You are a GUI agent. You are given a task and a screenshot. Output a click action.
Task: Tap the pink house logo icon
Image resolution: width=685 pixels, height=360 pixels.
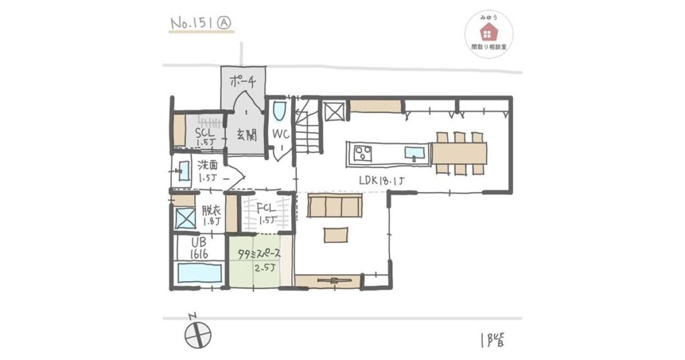click(x=488, y=30)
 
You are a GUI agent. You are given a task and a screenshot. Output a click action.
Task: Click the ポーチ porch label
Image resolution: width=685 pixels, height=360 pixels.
click(x=243, y=83)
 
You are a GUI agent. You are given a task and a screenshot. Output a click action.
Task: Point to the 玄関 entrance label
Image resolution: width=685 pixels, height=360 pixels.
click(x=246, y=134)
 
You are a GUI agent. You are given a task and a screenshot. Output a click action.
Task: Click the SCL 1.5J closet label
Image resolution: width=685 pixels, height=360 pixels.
click(x=204, y=137)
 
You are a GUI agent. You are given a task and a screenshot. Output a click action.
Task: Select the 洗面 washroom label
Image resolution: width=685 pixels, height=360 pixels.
click(x=208, y=171)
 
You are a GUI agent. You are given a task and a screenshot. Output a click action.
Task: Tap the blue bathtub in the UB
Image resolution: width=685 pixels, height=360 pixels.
click(x=199, y=272)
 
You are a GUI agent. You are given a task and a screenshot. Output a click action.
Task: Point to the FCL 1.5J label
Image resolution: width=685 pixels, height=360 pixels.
click(x=266, y=213)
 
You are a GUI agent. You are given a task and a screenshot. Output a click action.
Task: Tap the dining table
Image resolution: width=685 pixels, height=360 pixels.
click(x=460, y=153)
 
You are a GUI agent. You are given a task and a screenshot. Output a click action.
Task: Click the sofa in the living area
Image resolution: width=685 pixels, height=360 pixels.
click(x=334, y=207)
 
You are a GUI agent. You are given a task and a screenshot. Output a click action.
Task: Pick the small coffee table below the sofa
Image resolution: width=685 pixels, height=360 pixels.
click(x=336, y=234)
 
